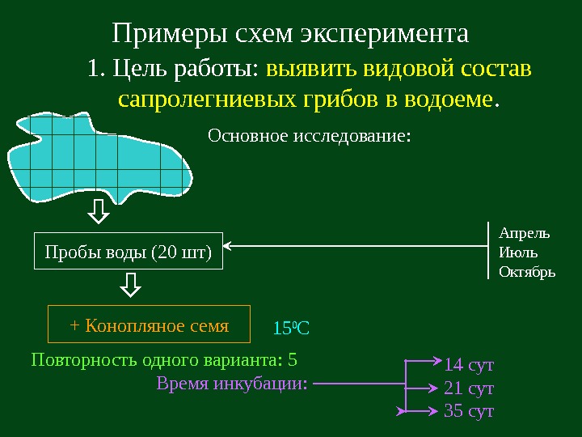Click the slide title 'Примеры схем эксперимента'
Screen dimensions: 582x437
[x=290, y=34]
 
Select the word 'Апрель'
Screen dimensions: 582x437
[x=525, y=233]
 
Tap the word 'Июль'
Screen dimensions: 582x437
[x=518, y=252]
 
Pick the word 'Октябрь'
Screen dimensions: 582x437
[x=528, y=272]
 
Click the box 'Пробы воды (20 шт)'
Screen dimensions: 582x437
[x=128, y=252]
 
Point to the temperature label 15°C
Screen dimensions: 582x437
[x=292, y=329]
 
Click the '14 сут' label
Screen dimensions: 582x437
[x=469, y=364]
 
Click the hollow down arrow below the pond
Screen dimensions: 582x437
[x=99, y=212]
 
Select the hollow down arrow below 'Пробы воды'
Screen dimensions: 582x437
[x=130, y=285]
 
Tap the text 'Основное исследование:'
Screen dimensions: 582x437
[x=310, y=135]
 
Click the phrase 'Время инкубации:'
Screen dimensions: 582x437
[x=232, y=383]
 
